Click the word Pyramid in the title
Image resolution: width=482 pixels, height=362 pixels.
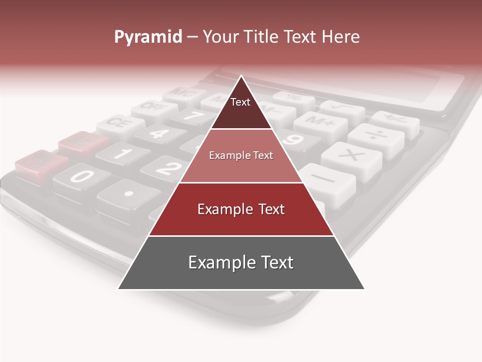[x=148, y=37]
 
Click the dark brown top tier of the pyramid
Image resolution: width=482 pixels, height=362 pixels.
[x=241, y=108]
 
